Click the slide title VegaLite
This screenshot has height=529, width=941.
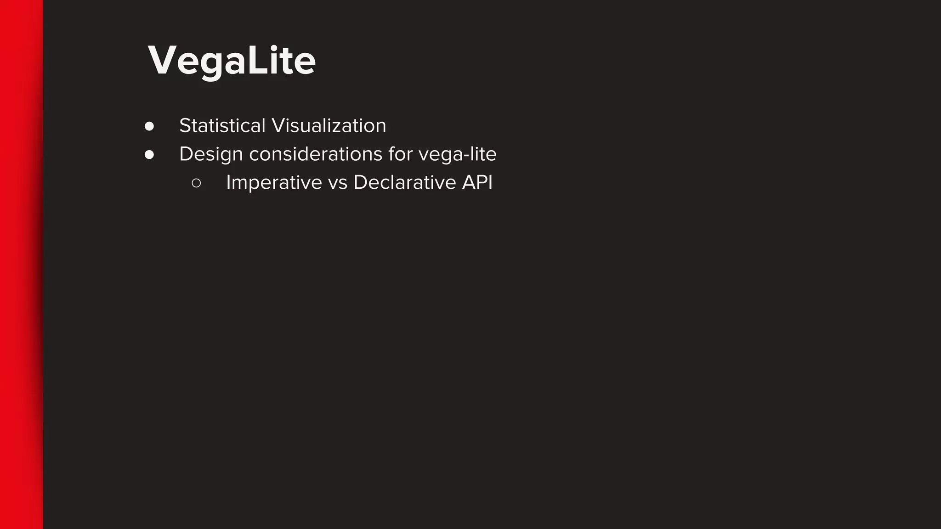coord(232,61)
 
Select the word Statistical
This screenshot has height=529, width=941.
coord(222,126)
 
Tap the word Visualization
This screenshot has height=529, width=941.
coord(329,126)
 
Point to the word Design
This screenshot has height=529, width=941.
coord(211,154)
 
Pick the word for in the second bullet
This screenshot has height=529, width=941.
coord(400,154)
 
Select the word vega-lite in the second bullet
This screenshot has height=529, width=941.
coord(457,154)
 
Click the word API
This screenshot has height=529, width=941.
coord(477,183)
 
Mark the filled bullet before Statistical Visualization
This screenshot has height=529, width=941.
coord(149,126)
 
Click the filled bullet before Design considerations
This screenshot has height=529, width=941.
coord(149,155)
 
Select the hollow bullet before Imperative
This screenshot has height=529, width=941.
coord(196,183)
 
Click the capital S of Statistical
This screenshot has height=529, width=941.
coord(185,126)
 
